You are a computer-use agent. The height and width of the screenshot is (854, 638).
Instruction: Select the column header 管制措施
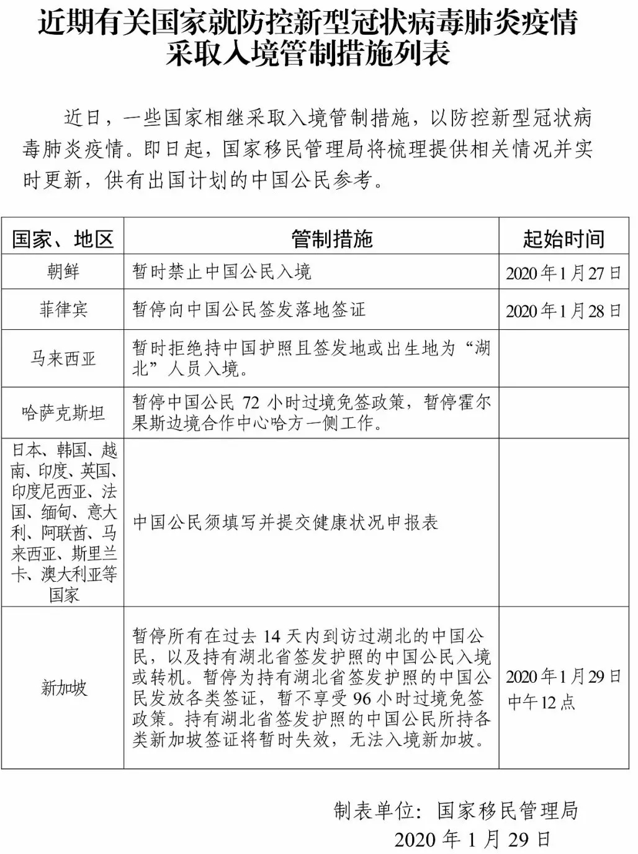pos(332,239)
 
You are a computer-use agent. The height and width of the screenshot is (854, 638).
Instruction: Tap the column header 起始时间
pos(563,239)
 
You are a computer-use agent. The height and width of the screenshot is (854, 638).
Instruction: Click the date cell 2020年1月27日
pos(563,273)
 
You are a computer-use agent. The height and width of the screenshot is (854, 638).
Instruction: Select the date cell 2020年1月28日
pos(563,311)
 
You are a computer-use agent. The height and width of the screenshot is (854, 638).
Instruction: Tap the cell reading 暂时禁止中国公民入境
pos(222,272)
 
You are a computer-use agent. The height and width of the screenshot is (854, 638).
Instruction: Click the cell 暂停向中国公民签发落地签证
pos(249,309)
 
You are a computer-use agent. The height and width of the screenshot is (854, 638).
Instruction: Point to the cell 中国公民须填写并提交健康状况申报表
pos(285,522)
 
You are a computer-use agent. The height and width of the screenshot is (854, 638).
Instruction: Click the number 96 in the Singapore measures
pos(362,698)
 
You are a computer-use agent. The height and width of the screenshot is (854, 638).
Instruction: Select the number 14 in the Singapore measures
pos(272,637)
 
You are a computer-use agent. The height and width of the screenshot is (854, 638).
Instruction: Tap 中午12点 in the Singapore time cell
pos(541,702)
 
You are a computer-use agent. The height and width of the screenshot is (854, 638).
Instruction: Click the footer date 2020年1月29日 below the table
pos(472,839)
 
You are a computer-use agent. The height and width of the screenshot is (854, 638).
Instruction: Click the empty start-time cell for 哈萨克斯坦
pos(563,413)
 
